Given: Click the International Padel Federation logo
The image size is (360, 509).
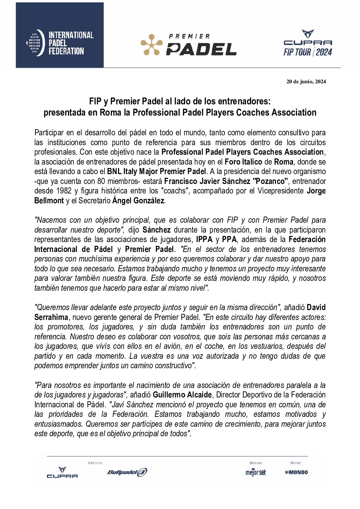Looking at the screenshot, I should point(60,43).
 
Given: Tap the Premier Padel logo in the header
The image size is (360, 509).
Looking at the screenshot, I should point(189,45).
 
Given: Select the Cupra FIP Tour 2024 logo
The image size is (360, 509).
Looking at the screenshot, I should point(308,43).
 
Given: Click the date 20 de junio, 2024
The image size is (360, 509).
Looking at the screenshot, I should point(306,82).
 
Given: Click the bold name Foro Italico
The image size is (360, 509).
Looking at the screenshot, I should point(243,162).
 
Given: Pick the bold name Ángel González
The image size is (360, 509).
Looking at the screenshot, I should point(138,201).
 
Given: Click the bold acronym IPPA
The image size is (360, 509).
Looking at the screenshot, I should point(204,239).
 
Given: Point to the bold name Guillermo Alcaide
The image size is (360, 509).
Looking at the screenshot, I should point(182,395).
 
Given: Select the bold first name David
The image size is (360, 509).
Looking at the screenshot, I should point(316,307).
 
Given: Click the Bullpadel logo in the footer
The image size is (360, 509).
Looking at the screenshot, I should point(127,472).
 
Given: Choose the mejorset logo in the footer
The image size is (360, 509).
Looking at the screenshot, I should point(256,472).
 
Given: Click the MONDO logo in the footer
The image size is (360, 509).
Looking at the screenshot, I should point(297,472).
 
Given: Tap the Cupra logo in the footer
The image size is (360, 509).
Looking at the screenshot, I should point(62,473).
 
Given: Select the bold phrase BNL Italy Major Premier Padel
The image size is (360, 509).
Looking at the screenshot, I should point(157,171).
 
